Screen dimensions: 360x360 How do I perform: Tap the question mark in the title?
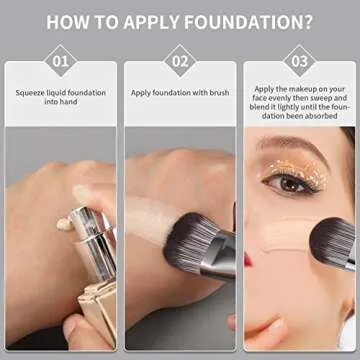(x=307, y=21)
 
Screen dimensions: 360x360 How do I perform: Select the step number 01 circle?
(x=60, y=60)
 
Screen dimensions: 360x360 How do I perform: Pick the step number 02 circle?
(x=180, y=60)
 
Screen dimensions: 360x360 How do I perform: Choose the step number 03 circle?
(x=299, y=60)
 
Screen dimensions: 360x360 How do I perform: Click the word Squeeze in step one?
(x=30, y=92)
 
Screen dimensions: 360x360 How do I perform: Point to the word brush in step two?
(x=217, y=92)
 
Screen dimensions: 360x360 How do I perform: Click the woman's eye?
(x=290, y=182)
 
